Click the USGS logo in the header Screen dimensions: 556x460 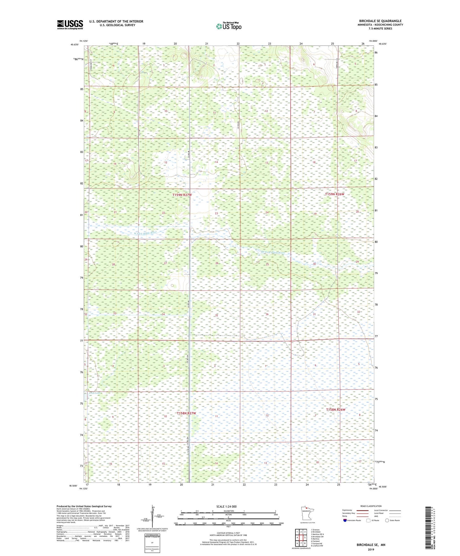tap(70, 25)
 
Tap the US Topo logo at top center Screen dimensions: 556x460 tap(229, 26)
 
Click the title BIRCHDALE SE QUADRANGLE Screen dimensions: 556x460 tap(380, 21)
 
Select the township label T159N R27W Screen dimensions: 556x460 tap(182, 195)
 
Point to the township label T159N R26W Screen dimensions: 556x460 tap(335, 194)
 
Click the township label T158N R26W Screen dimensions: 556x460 tap(336, 410)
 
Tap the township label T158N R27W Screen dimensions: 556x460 tap(186, 413)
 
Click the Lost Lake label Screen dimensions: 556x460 tap(95, 393)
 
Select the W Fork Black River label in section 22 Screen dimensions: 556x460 tap(145, 233)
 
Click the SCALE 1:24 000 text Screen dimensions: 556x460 tap(226, 506)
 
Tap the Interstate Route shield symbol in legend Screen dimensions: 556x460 tap(345, 520)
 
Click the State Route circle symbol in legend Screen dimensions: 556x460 tap(387, 520)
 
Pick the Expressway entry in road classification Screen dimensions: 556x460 tap(347, 510)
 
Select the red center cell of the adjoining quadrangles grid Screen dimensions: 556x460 tap(301, 538)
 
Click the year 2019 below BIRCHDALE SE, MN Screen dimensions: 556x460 tap(371, 550)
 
